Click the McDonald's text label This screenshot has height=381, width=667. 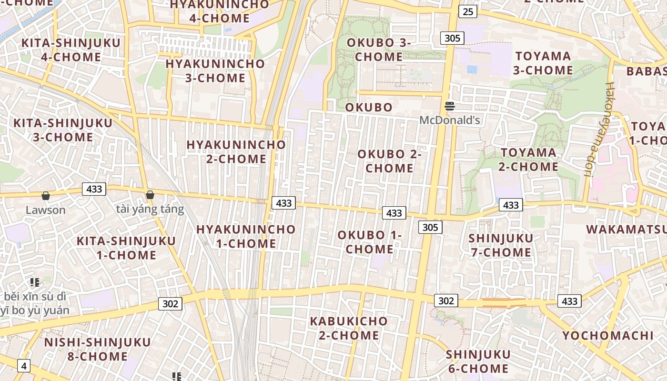click(x=449, y=120)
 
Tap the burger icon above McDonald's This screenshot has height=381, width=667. click(x=450, y=106)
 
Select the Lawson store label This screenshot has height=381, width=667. click(x=46, y=210)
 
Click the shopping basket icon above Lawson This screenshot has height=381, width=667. click(x=46, y=196)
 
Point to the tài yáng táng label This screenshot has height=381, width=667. click(x=150, y=209)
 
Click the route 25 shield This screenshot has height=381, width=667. click(x=468, y=11)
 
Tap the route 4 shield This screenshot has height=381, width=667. click(x=23, y=366)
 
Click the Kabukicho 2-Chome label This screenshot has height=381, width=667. click(x=349, y=328)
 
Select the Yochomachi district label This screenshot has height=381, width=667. click(x=608, y=336)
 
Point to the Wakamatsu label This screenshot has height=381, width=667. click(x=626, y=229)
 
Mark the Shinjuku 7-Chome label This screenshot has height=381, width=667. click(x=501, y=245)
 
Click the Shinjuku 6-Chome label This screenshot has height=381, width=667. click(x=477, y=361)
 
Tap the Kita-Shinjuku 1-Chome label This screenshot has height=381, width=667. click(x=126, y=248)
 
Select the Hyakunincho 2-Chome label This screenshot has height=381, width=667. click(x=236, y=151)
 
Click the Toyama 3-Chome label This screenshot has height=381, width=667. click(x=543, y=63)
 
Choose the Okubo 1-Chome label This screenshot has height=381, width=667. click(x=370, y=242)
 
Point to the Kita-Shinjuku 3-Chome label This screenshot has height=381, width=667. click(x=63, y=130)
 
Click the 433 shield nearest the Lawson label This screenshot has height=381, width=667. click(x=94, y=189)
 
